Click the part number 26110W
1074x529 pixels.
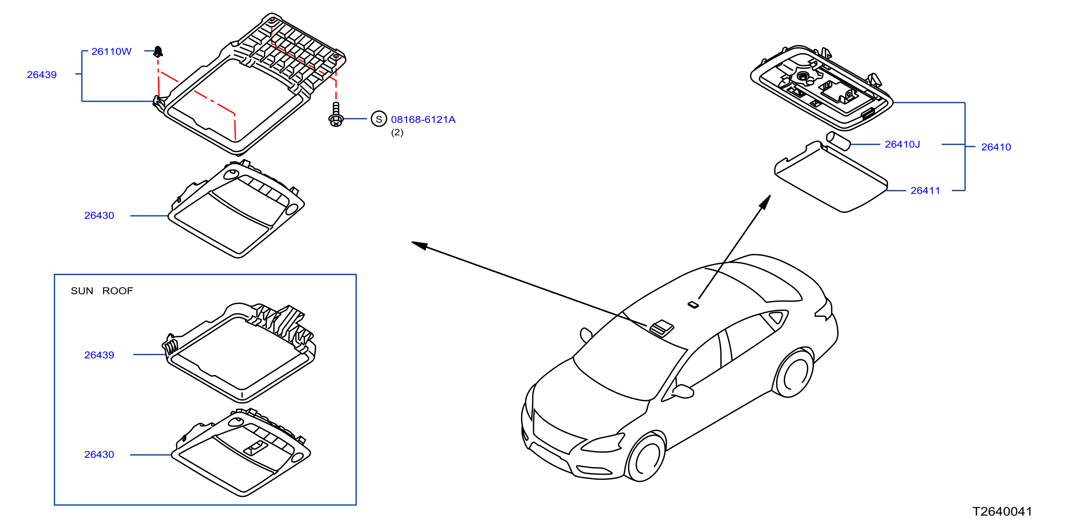pos(111,52)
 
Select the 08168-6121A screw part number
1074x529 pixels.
pos(423,119)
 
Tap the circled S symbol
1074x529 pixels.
pos(379,119)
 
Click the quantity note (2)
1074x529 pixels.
pos(397,133)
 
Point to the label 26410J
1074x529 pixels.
pos(902,144)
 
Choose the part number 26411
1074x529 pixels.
pos(925,190)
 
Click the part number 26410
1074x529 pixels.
pos(996,147)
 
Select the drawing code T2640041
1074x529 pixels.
pos(1002,512)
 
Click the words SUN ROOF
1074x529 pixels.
pos(102,291)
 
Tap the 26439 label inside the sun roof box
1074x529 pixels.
pos(99,355)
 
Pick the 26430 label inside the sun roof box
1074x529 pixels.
pos(99,454)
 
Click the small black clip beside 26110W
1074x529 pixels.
pos(158,51)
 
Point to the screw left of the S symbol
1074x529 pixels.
pos(336,114)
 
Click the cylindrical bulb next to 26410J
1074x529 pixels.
pos(838,140)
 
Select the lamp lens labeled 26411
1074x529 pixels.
pos(831,177)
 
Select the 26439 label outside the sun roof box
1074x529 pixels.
pos(42,75)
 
